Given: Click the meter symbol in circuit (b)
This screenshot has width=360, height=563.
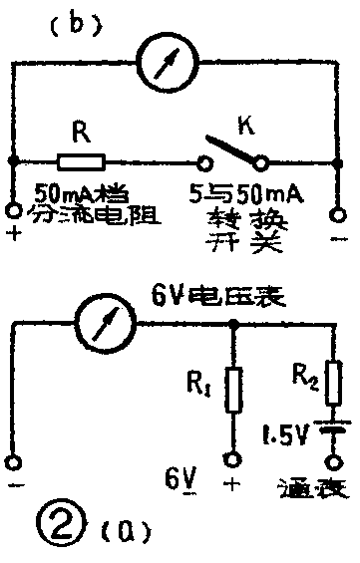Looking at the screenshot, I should tap(171, 63).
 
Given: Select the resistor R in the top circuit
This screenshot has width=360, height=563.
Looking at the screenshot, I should tap(82, 159).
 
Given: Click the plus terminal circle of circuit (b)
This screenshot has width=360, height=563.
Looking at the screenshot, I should tap(12, 211).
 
